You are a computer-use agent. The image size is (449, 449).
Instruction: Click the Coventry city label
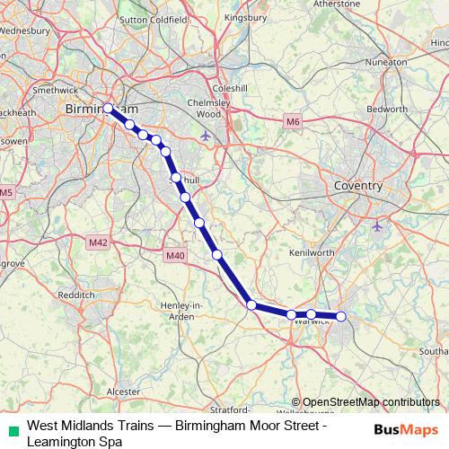pyautogui.click(x=357, y=186)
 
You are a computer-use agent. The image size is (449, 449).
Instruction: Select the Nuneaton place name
pyautogui.click(x=388, y=61)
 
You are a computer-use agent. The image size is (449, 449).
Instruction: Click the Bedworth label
pyautogui.click(x=388, y=109)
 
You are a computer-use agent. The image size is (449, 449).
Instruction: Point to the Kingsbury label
pyautogui.click(x=245, y=16)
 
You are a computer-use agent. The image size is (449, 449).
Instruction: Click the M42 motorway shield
pyautogui.click(x=98, y=242)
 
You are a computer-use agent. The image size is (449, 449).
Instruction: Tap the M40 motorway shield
pyautogui.click(x=175, y=257)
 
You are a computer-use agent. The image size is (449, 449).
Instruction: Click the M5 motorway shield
pyautogui.click(x=6, y=192)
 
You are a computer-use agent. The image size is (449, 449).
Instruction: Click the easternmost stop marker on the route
pyautogui.click(x=340, y=316)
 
